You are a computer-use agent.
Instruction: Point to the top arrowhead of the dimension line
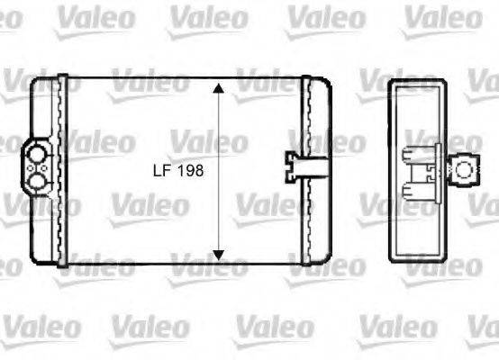point(216,87)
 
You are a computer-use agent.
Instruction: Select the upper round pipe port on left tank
point(36,155)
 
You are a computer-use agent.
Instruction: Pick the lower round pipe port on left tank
point(36,180)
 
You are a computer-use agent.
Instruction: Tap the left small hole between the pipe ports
point(30,167)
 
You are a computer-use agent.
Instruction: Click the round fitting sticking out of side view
point(464,166)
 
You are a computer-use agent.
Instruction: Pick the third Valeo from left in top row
point(325,17)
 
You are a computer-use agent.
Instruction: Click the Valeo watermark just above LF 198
point(208,141)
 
